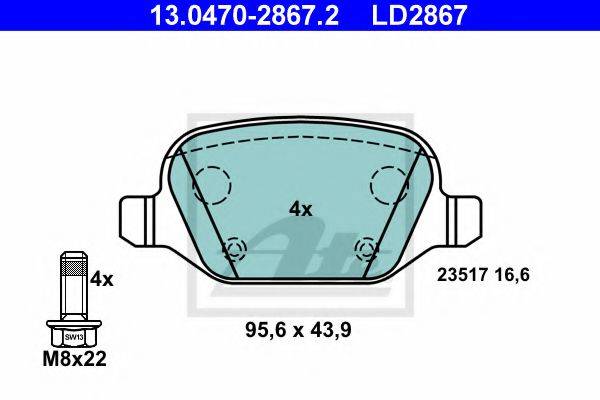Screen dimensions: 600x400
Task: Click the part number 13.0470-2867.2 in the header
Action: (244, 15)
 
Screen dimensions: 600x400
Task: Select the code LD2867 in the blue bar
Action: (419, 15)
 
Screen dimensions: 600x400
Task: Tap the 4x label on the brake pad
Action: (300, 209)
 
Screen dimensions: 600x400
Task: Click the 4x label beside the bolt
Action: (102, 280)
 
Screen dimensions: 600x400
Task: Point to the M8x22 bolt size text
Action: (74, 359)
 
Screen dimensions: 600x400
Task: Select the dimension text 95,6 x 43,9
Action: (298, 330)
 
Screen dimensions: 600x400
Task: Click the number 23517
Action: (462, 275)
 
